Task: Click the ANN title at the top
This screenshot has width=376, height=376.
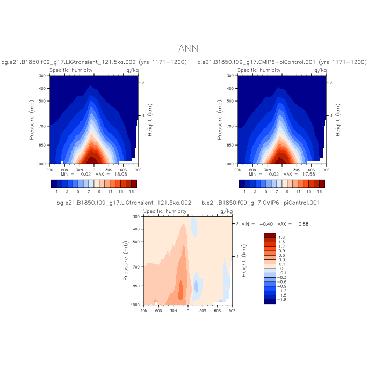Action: (188, 48)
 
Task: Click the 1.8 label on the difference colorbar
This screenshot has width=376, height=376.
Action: (281, 237)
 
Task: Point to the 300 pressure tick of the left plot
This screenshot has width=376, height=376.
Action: (41, 76)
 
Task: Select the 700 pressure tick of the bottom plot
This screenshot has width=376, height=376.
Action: (135, 267)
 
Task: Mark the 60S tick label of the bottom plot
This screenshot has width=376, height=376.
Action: (218, 310)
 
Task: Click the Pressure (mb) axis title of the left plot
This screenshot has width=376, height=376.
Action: (32, 120)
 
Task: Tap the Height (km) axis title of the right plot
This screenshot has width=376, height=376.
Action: (338, 120)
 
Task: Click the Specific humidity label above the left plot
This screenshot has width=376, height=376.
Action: (71, 70)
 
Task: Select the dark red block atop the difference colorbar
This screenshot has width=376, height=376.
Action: (270, 235)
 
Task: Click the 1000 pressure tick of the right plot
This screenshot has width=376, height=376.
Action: (228, 164)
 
